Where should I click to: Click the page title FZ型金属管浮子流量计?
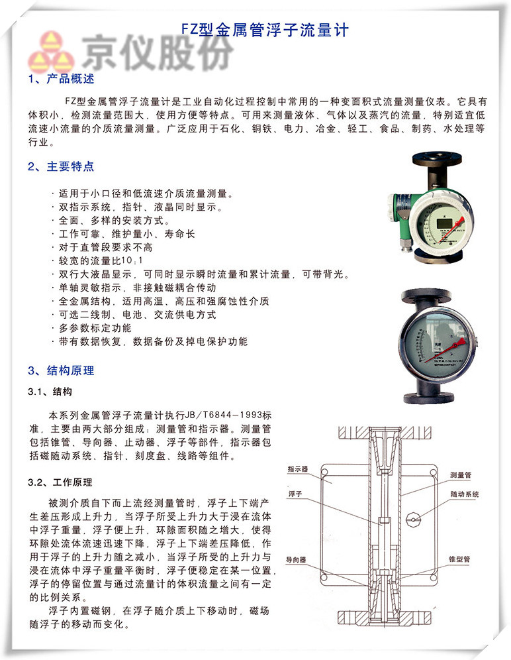click(x=264, y=30)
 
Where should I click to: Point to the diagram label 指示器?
click(x=298, y=468)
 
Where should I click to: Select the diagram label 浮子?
click(x=295, y=494)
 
